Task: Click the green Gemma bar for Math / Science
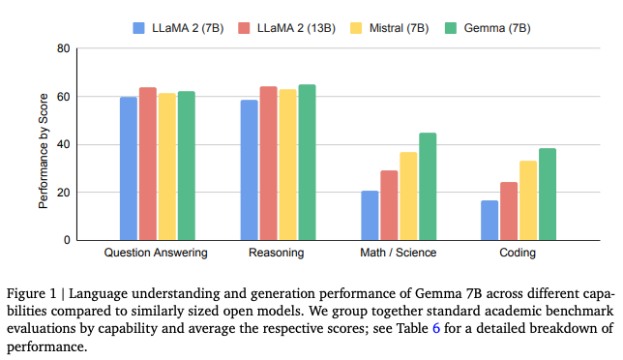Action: (x=428, y=187)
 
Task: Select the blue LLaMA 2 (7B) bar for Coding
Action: (x=489, y=220)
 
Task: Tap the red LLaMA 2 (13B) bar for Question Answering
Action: (x=148, y=164)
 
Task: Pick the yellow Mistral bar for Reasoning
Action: (x=287, y=165)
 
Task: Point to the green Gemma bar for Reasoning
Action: (x=307, y=163)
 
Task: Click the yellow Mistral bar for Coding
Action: (x=528, y=200)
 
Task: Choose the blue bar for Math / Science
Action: (x=370, y=216)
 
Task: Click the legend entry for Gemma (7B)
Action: (x=488, y=28)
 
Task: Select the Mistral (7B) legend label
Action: (x=399, y=28)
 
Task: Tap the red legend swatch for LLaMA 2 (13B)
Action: (x=244, y=28)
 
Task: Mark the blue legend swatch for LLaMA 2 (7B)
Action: (x=138, y=28)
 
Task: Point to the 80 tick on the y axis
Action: (x=64, y=48)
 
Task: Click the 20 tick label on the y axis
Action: (x=64, y=193)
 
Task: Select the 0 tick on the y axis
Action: (x=67, y=240)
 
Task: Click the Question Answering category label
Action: (x=156, y=253)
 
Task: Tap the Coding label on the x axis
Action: (x=518, y=253)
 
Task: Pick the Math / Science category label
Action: (x=399, y=253)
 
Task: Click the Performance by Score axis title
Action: (x=43, y=151)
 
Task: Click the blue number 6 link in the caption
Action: (x=436, y=328)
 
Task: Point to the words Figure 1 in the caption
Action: (x=31, y=294)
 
